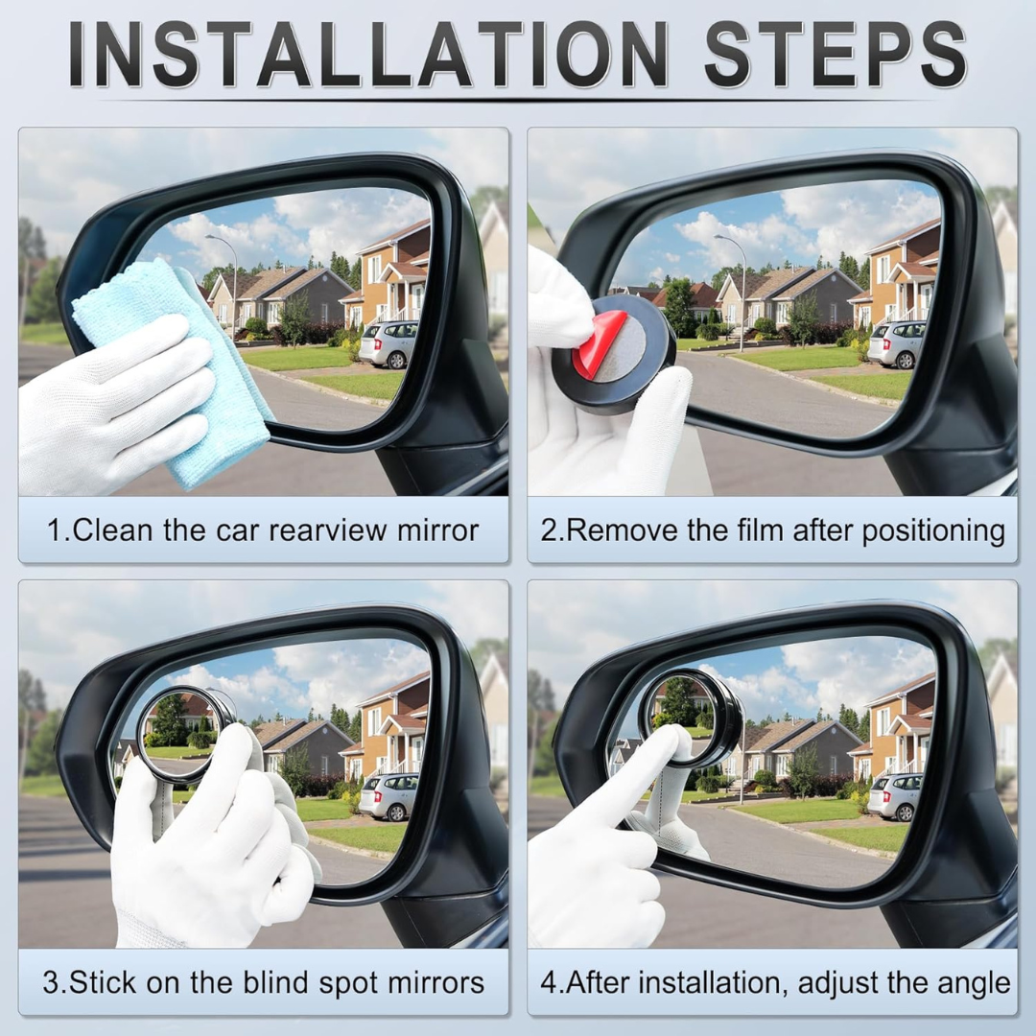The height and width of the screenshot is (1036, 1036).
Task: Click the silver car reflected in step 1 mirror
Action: [388, 343]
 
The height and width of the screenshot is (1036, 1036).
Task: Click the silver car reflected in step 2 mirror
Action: [896, 343]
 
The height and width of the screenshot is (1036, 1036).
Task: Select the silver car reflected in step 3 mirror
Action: [388, 795]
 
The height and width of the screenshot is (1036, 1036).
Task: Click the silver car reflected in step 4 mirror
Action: [894, 795]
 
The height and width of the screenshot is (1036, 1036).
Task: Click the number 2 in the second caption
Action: [548, 530]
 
